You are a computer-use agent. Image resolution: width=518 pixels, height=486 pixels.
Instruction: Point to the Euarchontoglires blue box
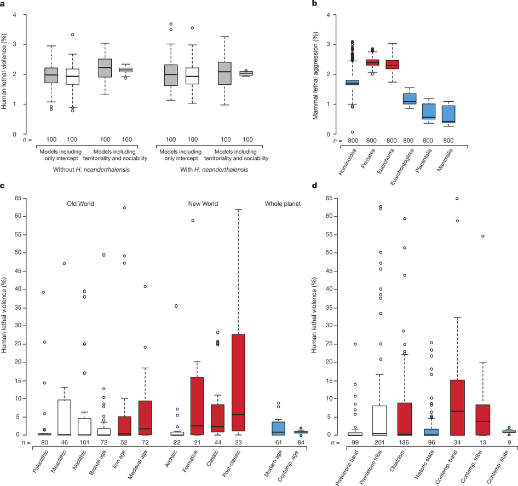click(408, 99)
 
